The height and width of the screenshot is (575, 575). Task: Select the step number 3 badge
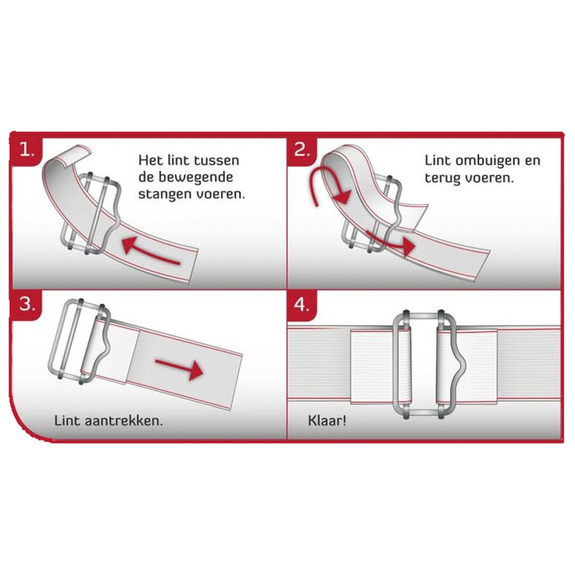(27, 304)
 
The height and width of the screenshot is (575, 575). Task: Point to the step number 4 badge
(302, 304)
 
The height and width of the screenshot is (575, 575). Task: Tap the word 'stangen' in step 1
(165, 195)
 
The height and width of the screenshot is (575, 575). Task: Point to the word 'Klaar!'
(326, 421)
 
